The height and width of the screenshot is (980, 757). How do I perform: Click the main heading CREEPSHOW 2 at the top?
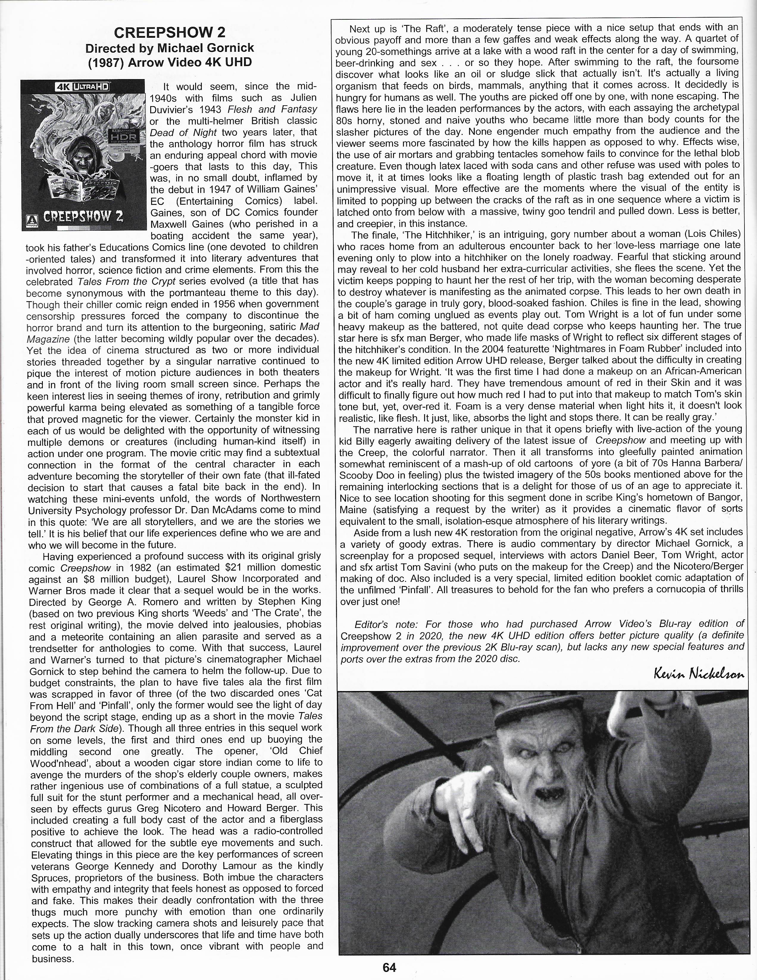tap(170, 33)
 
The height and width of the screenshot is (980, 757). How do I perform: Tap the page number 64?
tap(389, 967)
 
